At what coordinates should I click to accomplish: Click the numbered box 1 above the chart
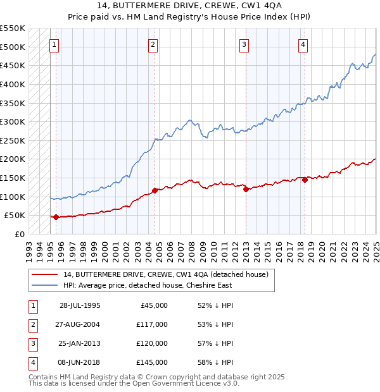54,44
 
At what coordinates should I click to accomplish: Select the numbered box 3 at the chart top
244,44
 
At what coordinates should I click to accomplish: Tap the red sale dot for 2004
155,190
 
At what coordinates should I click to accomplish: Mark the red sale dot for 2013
246,189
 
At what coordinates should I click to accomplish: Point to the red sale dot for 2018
305,180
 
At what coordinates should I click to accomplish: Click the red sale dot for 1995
56,217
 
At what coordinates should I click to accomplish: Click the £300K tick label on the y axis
13,121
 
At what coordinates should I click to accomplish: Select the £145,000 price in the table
153,362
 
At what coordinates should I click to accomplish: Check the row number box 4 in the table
31,362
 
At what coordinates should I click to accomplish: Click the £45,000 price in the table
155,305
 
